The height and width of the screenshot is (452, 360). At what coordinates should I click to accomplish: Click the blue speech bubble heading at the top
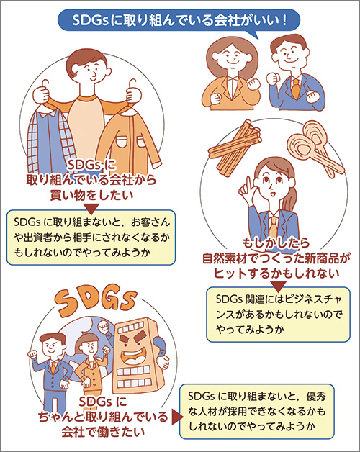click(x=179, y=20)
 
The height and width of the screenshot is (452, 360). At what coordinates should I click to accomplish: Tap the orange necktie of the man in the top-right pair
click(x=295, y=89)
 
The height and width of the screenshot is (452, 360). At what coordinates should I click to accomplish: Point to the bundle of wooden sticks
click(x=235, y=146)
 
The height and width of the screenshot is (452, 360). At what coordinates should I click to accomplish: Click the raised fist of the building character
click(x=103, y=327)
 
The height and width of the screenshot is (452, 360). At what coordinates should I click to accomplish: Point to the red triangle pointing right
click(x=176, y=417)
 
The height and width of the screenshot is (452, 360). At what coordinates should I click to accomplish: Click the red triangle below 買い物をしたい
click(x=91, y=208)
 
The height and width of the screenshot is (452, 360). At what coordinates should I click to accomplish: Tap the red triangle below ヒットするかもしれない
click(x=278, y=286)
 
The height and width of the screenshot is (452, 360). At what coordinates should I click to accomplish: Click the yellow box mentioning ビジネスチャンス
click(x=278, y=315)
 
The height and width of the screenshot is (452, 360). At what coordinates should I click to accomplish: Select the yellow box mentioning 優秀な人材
click(x=257, y=412)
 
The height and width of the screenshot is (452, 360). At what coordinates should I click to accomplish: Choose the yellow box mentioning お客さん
click(x=91, y=238)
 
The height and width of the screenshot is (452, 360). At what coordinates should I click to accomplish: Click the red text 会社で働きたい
click(x=103, y=432)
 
